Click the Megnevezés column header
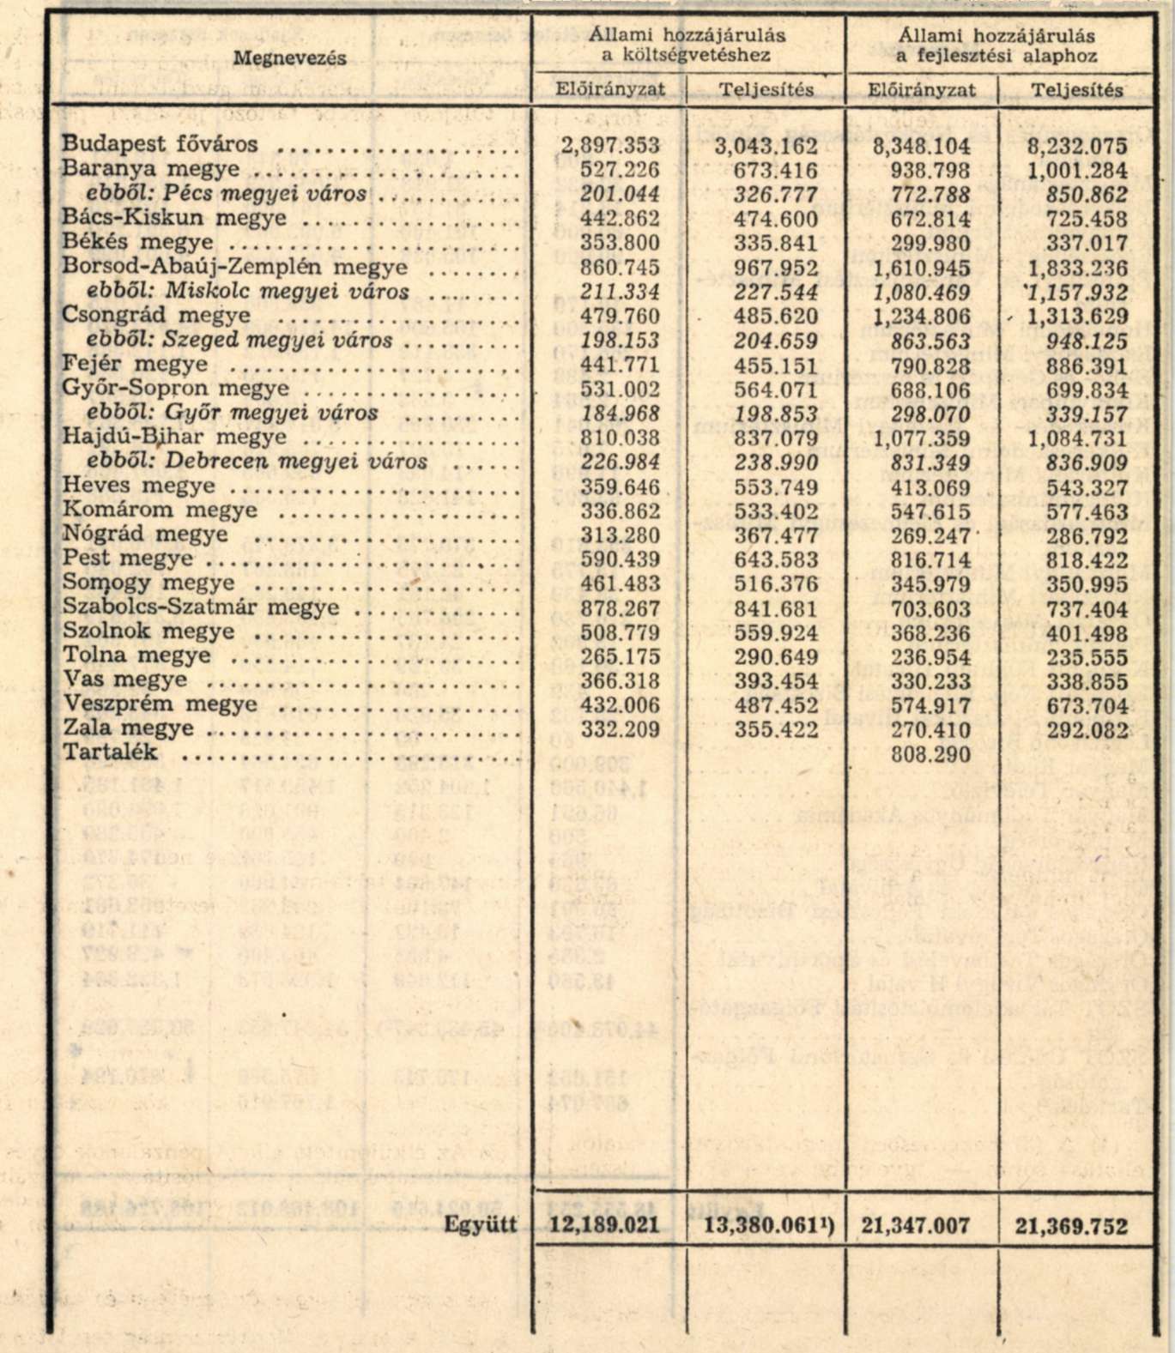pyautogui.click(x=290, y=57)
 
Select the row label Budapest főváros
pyautogui.click(x=160, y=144)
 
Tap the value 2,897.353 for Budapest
pyautogui.click(x=611, y=144)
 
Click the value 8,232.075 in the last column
pyautogui.click(x=1077, y=145)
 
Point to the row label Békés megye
pyautogui.click(x=138, y=242)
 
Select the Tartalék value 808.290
pyautogui.click(x=931, y=754)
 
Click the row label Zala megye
pyautogui.click(x=128, y=729)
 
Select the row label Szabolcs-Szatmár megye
pyautogui.click(x=201, y=607)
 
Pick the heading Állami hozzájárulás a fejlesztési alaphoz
pyautogui.click(x=996, y=45)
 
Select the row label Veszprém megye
pyautogui.click(x=160, y=704)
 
